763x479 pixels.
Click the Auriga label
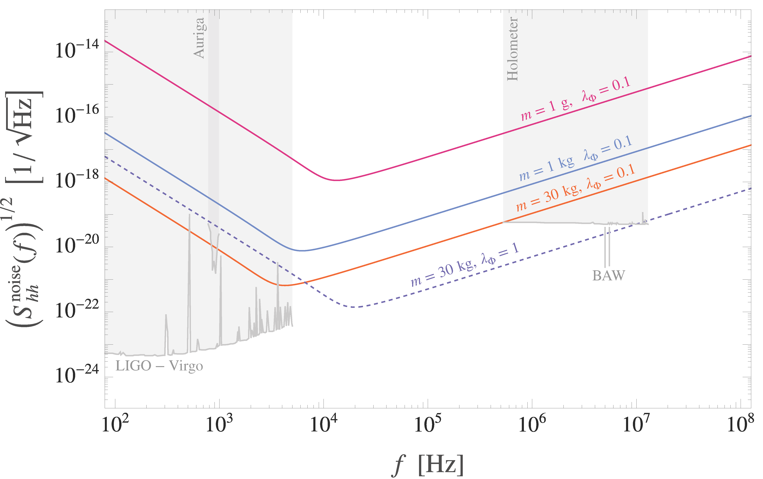199,38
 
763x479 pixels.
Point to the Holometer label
512,49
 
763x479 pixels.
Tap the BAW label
608,276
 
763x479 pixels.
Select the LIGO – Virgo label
159,366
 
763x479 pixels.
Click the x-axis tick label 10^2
115,424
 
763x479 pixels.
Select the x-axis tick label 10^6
532,424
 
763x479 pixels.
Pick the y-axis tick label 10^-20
77,245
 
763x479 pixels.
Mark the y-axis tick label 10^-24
77,375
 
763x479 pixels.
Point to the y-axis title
24,209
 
